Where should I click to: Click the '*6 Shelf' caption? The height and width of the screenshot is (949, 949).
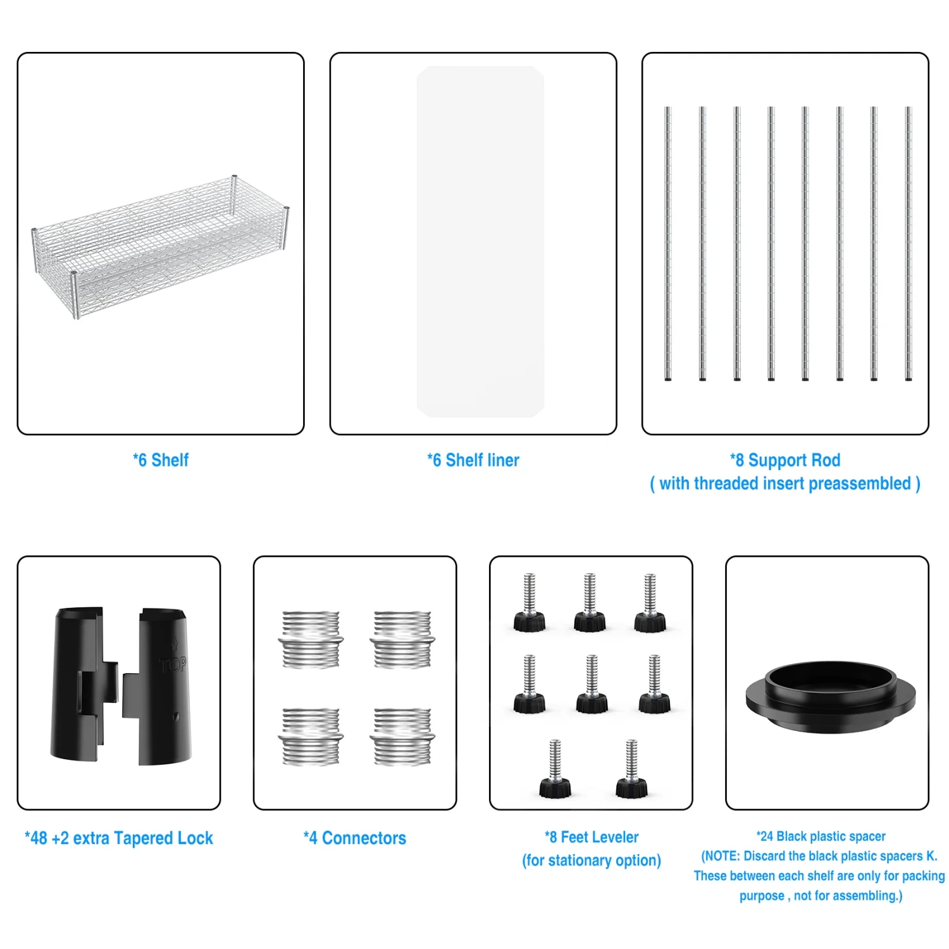point(161,460)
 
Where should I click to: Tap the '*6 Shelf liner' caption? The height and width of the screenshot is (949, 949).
point(473,460)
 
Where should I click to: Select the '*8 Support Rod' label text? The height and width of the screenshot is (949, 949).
point(785,460)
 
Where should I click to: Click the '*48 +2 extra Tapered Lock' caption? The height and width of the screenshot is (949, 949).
point(119,838)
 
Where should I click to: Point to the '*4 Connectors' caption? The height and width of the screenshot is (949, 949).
point(355,838)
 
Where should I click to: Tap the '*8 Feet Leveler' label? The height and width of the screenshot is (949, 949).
point(592,837)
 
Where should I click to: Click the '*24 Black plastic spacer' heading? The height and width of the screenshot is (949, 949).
point(821,836)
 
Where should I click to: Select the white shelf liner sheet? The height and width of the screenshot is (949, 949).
point(480,242)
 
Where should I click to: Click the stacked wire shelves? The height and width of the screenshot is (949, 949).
point(161,247)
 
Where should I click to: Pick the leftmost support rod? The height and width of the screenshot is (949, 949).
point(667,244)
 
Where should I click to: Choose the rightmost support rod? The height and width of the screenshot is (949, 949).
point(909,244)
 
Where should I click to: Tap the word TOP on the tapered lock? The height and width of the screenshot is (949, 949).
point(173,665)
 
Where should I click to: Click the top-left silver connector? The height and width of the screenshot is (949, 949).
point(311,640)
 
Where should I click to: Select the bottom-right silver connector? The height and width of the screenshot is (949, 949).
point(402,737)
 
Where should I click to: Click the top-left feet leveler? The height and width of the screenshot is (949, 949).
point(529,602)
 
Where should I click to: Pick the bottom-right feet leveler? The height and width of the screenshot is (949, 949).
point(631,769)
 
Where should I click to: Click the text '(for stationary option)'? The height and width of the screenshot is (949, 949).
point(592,860)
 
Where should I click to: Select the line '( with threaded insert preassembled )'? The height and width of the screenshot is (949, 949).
point(785,483)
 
